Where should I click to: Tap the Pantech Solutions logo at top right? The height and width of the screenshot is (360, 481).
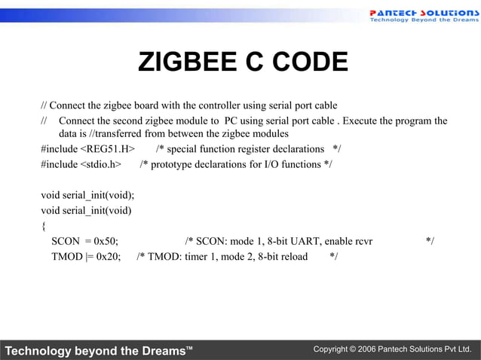pyautogui.click(x=423, y=16)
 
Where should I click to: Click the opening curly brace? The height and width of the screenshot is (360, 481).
pyautogui.click(x=44, y=226)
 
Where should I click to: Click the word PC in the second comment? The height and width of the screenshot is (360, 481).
pyautogui.click(x=231, y=121)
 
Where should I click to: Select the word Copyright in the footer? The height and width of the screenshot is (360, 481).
pyautogui.click(x=332, y=350)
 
